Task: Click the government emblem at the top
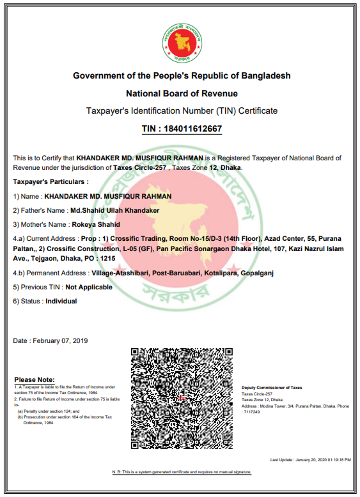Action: pos(181,40)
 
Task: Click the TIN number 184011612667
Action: pos(182,129)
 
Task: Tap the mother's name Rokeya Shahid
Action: pos(95,224)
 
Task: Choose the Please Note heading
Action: pos(34,380)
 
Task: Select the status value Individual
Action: pos(61,301)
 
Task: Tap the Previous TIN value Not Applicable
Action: pos(89,287)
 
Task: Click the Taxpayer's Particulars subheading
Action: pos(44,182)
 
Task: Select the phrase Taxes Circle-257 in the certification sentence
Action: pos(141,167)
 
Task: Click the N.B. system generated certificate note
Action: pos(182,472)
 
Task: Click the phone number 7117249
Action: pos(251,412)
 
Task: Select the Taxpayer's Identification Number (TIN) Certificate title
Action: pos(182,111)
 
